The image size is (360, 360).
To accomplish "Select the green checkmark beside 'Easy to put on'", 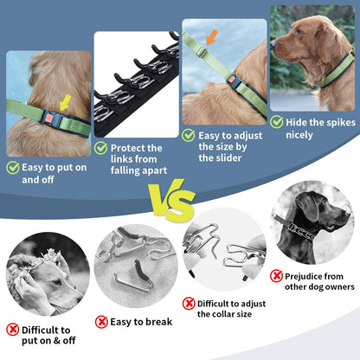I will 13,168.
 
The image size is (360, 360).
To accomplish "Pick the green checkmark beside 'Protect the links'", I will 102,147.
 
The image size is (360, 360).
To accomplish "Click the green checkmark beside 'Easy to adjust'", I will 188,134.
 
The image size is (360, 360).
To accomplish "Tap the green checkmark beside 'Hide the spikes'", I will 277,123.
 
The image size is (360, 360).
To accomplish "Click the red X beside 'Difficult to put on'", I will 13,330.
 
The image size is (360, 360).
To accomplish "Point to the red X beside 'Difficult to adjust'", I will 189,304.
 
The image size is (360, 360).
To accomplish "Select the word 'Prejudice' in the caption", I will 312,275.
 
